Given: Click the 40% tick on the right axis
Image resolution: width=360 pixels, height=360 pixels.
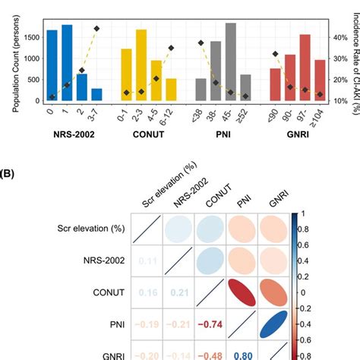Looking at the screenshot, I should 339,36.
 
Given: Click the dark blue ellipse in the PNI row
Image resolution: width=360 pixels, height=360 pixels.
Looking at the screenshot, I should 275,324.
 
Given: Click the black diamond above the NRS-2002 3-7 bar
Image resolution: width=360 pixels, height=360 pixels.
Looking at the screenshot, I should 96,28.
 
